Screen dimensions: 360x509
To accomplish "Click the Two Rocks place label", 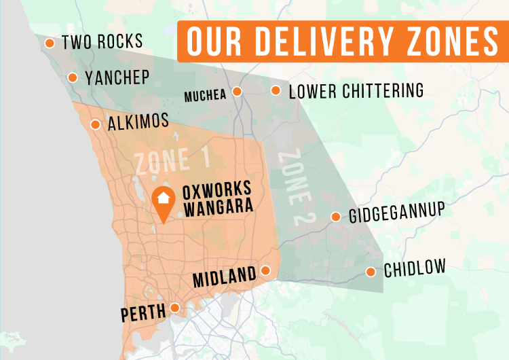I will click(x=102, y=43).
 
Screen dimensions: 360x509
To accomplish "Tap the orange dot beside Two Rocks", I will click(x=50, y=43).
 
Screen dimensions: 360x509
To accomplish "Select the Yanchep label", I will click(x=117, y=77).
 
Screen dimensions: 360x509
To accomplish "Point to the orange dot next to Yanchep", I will click(x=73, y=77).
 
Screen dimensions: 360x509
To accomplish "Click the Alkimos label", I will click(x=138, y=122).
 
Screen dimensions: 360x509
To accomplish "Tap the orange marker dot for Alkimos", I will click(x=95, y=124).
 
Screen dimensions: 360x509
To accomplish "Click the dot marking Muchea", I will click(x=237, y=92).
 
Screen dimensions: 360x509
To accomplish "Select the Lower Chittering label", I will click(x=356, y=91).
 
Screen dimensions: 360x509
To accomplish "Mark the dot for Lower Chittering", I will click(x=276, y=90).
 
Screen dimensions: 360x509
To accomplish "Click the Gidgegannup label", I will click(x=396, y=214).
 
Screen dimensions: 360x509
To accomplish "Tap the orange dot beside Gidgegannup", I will click(x=335, y=217).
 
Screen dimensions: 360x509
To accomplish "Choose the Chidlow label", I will click(x=415, y=270).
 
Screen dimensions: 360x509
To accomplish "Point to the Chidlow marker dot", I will click(x=371, y=272).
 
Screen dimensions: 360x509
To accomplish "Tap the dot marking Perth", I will click(x=175, y=308).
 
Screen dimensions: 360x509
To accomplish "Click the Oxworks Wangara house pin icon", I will click(x=164, y=200).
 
